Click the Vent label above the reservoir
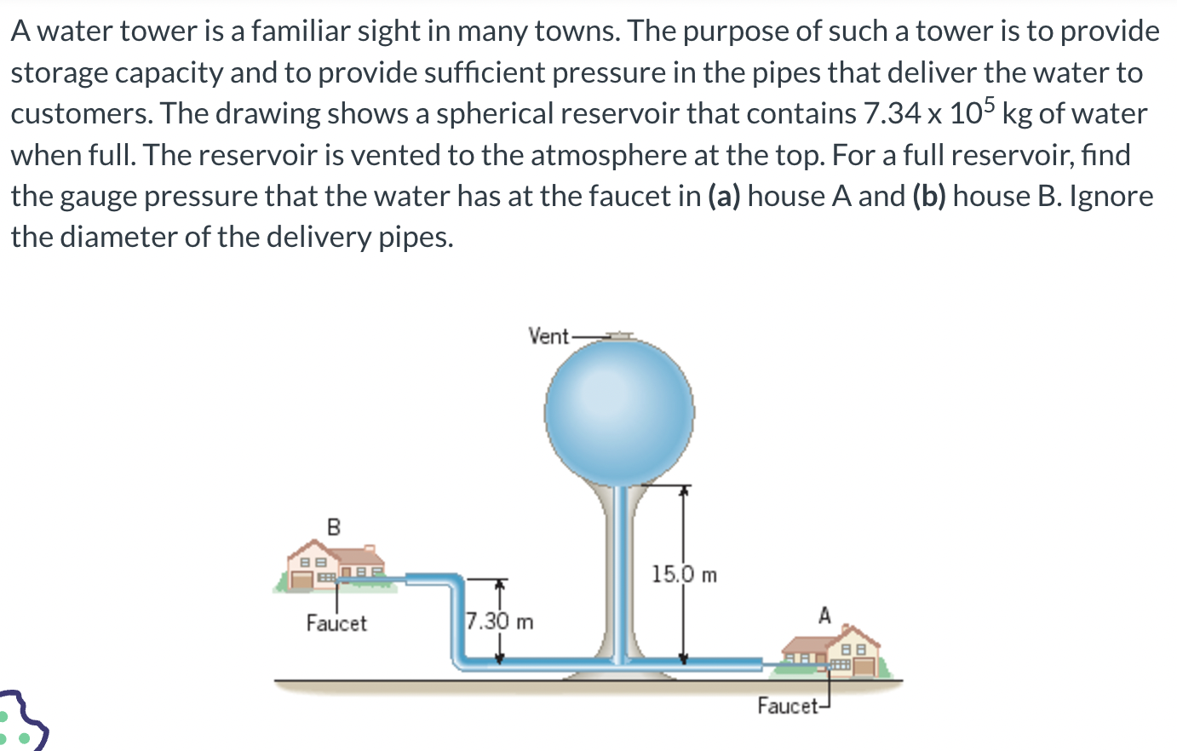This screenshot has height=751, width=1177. (548, 336)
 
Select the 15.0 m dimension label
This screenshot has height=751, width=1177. (684, 575)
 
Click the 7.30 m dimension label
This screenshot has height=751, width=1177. (500, 622)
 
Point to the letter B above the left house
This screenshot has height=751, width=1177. (334, 527)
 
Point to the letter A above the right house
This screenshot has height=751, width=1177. (824, 615)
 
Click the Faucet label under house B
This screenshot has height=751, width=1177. (336, 623)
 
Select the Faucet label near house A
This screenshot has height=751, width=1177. (787, 706)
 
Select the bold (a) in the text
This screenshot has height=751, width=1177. (724, 196)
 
